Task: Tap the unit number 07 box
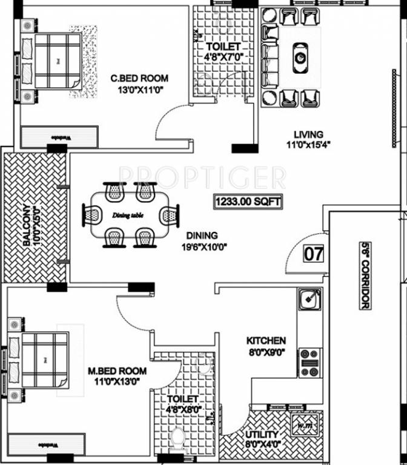click(x=313, y=253)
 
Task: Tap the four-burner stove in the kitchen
click(x=310, y=362)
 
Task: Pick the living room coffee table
click(x=300, y=57)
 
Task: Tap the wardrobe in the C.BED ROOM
click(x=59, y=137)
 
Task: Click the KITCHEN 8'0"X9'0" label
click(x=266, y=346)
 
